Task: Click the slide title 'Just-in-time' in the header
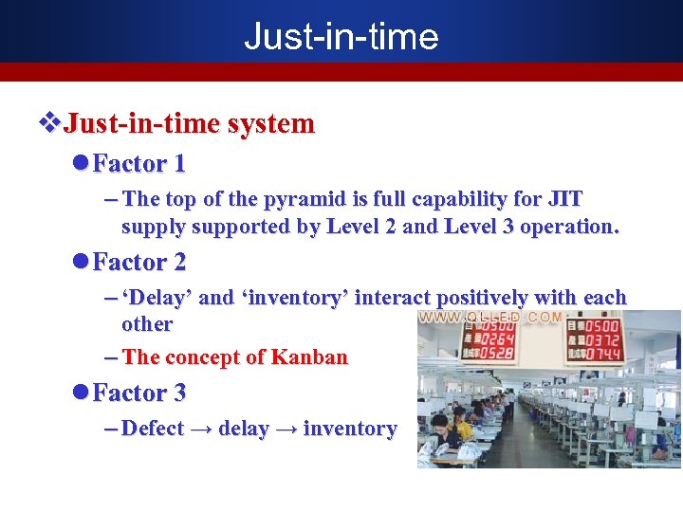pos(341,36)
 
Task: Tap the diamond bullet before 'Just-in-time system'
pos(47,123)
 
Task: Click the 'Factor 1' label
pos(138,163)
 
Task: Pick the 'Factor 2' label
pos(138,261)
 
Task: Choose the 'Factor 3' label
pos(138,392)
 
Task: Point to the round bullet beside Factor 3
pos(81,392)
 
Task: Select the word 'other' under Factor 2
pos(147,324)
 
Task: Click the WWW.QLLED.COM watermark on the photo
pos(491,318)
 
